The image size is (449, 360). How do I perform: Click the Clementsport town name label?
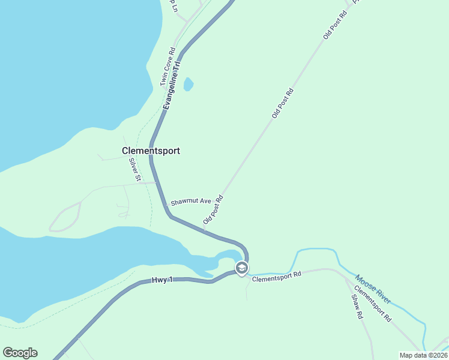(151, 151)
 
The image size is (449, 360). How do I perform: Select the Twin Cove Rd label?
(167, 67)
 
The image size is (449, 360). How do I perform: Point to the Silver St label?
(134, 169)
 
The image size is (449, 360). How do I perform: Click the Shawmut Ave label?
(191, 202)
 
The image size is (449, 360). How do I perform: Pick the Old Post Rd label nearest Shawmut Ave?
(213, 209)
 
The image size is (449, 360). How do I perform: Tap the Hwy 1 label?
(161, 280)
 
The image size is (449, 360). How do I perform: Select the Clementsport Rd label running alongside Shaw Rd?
(372, 304)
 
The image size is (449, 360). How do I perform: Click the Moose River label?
(373, 289)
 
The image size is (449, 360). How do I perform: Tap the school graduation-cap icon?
(241, 268)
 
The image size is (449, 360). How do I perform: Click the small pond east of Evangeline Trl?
(188, 84)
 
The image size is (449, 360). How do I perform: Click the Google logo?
(20, 353)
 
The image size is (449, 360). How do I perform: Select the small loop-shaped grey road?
(65, 217)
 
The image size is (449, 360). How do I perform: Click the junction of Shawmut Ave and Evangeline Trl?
(158, 183)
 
